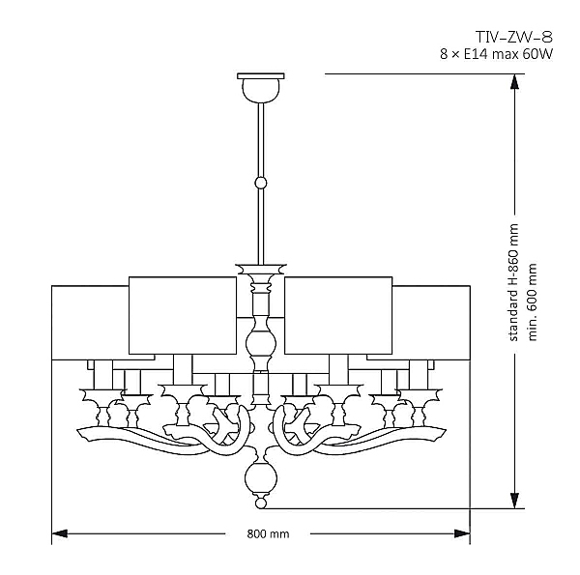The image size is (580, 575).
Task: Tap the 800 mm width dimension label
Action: (x=268, y=533)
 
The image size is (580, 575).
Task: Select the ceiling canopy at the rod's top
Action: (x=260, y=85)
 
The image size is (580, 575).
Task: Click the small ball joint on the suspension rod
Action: (x=260, y=182)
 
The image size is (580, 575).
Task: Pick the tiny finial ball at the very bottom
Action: (x=259, y=503)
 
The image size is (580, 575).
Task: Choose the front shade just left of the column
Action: (x=183, y=314)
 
